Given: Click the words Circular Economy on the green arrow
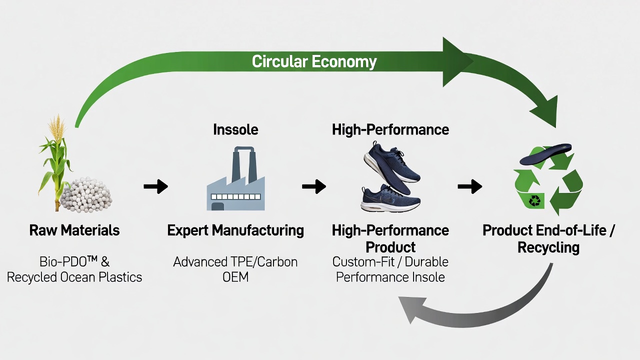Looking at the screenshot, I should click(314, 61).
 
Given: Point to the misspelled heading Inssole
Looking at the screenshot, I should click(235, 129).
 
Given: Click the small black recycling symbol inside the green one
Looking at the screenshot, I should click(535, 200).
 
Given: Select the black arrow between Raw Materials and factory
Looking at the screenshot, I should click(155, 186).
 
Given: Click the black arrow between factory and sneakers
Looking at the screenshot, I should click(314, 186).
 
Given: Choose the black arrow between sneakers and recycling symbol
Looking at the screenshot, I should click(470, 186).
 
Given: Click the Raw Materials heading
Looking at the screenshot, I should click(74, 230).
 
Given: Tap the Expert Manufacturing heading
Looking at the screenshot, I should click(235, 230).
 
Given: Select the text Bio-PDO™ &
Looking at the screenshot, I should click(74, 261).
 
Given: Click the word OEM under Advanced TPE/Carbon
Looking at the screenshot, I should click(235, 277).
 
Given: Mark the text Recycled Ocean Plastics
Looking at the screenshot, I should click(74, 277).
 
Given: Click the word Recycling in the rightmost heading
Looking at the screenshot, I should click(548, 247).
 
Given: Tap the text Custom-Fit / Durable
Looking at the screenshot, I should click(390, 261).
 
